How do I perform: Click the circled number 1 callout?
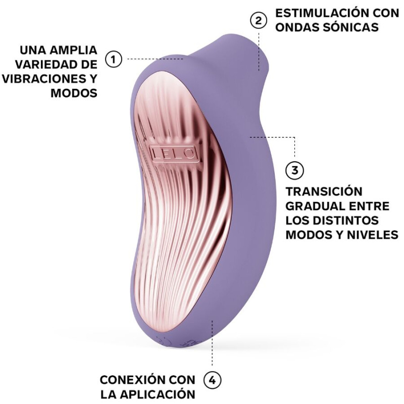click(x=114, y=60)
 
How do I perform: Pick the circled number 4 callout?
click(x=213, y=380)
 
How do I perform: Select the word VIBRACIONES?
click(x=44, y=79)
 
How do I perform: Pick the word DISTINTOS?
click(x=349, y=221)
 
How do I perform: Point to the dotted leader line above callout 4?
click(x=213, y=343)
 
